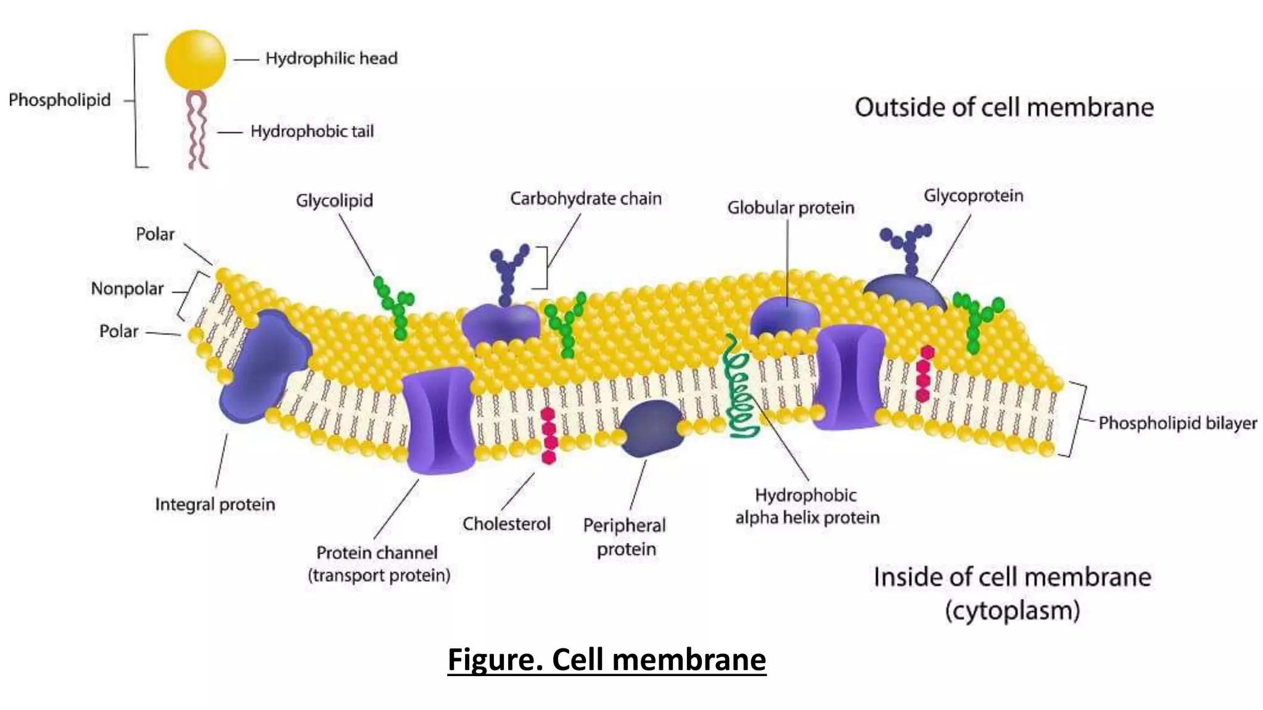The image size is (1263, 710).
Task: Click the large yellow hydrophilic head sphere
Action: [x=195, y=60]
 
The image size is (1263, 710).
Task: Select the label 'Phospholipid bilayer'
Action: [x=1177, y=423]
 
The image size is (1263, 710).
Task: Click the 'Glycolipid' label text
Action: [x=334, y=201]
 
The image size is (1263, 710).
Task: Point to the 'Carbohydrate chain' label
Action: [x=585, y=198]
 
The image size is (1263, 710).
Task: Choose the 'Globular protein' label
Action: [x=791, y=208]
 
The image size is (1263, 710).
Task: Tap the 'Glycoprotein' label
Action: [x=973, y=196]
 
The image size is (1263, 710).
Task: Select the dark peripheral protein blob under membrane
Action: [x=650, y=428]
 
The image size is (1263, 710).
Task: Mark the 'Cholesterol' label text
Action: [x=506, y=524]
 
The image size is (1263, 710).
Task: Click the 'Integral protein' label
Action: [x=215, y=504]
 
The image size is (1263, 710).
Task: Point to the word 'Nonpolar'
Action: [x=127, y=288]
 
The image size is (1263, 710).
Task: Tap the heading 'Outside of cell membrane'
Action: [x=1003, y=107]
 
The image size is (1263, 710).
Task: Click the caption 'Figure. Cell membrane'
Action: [x=607, y=659]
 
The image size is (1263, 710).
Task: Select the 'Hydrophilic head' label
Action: [x=331, y=59]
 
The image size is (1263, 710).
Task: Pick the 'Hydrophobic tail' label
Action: [x=312, y=131]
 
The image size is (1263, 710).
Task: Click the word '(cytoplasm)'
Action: [x=1012, y=611]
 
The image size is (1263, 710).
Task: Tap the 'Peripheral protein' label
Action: [x=625, y=537]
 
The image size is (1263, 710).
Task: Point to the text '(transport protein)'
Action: [x=379, y=576]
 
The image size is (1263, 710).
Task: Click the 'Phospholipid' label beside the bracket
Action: [x=60, y=100]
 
